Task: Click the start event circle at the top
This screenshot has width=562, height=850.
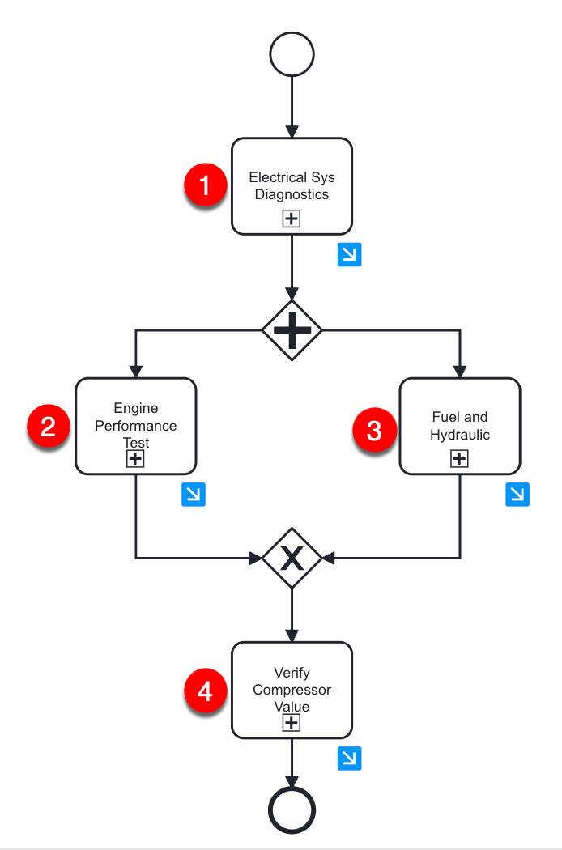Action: pos(292,55)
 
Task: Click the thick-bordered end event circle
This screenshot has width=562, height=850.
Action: pos(292,810)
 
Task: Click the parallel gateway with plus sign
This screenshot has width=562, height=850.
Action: pos(292,330)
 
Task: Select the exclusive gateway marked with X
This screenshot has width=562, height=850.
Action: pos(292,558)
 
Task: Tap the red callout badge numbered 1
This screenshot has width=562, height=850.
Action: pos(205,185)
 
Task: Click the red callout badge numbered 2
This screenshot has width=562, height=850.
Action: pos(49,426)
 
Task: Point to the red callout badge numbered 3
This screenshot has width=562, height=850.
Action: pos(374,430)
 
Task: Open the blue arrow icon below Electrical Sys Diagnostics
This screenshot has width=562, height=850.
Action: pos(349,255)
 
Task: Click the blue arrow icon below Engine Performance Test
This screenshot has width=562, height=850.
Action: pos(194,495)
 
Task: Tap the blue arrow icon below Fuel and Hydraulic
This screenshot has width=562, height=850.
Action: pos(517,495)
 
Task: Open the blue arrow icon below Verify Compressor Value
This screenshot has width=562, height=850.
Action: pos(349,759)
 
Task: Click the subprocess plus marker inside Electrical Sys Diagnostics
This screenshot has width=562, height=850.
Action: pos(292,219)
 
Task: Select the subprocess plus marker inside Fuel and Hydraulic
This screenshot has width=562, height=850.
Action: pos(459,459)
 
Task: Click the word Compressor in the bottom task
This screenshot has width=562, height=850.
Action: pos(292,690)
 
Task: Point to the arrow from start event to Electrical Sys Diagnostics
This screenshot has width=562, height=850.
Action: pos(292,105)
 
